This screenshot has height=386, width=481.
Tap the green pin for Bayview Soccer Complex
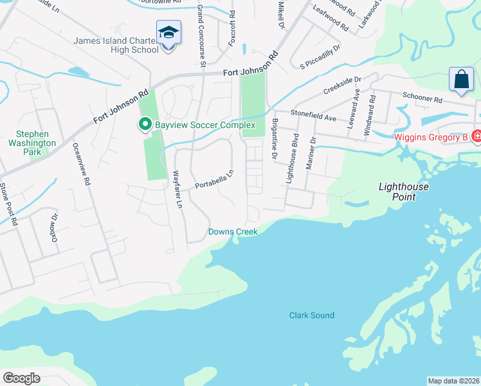pyautogui.click(x=145, y=125)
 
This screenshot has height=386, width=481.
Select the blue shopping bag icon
pyautogui.click(x=461, y=80)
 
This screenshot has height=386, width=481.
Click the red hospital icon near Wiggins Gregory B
pyautogui.click(x=476, y=136)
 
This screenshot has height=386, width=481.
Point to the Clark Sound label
pyautogui.click(x=312, y=315)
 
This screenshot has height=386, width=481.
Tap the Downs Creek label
pyautogui.click(x=233, y=232)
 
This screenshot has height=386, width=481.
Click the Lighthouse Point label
pyautogui.click(x=403, y=191)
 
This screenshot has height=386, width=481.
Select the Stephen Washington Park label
pyautogui.click(x=32, y=143)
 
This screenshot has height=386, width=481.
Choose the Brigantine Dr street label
pyautogui.click(x=274, y=138)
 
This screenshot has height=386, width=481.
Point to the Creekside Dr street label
pyautogui.click(x=343, y=85)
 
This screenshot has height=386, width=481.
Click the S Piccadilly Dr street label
pyautogui.click(x=320, y=57)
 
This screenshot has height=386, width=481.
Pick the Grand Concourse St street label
pyautogui.click(x=201, y=36)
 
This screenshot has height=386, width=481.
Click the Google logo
pyautogui.click(x=21, y=378)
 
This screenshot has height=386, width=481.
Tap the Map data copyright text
pyautogui.click(x=453, y=381)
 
